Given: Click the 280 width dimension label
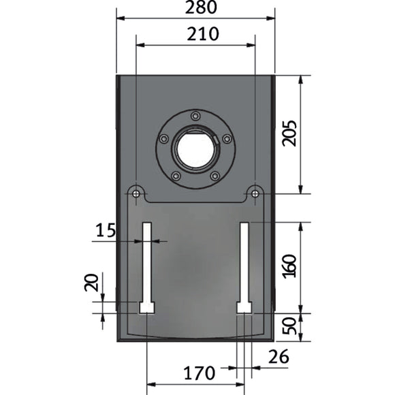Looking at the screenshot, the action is point(201,7).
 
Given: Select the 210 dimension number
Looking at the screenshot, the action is point(203,34).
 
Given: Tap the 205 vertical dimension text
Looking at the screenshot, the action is point(289,133).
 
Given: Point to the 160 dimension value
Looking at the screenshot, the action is point(289,266).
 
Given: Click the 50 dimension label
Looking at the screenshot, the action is point(289,326).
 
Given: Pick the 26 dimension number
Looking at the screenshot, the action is point(279,357).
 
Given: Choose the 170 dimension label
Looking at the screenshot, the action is point(200,373).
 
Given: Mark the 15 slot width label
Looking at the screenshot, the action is point(106,230).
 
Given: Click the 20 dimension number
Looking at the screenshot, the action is point(91,283).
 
